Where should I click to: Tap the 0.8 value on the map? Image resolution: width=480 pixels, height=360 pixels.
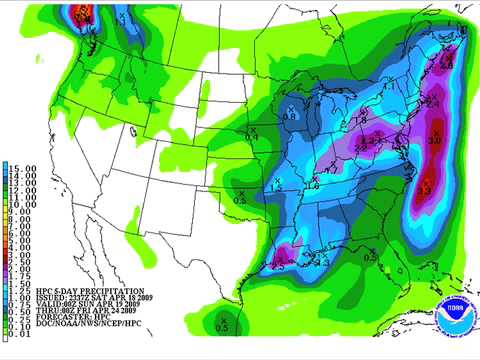coord(290,116)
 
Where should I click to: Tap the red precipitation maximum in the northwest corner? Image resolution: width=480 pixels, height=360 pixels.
coord(84,13)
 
